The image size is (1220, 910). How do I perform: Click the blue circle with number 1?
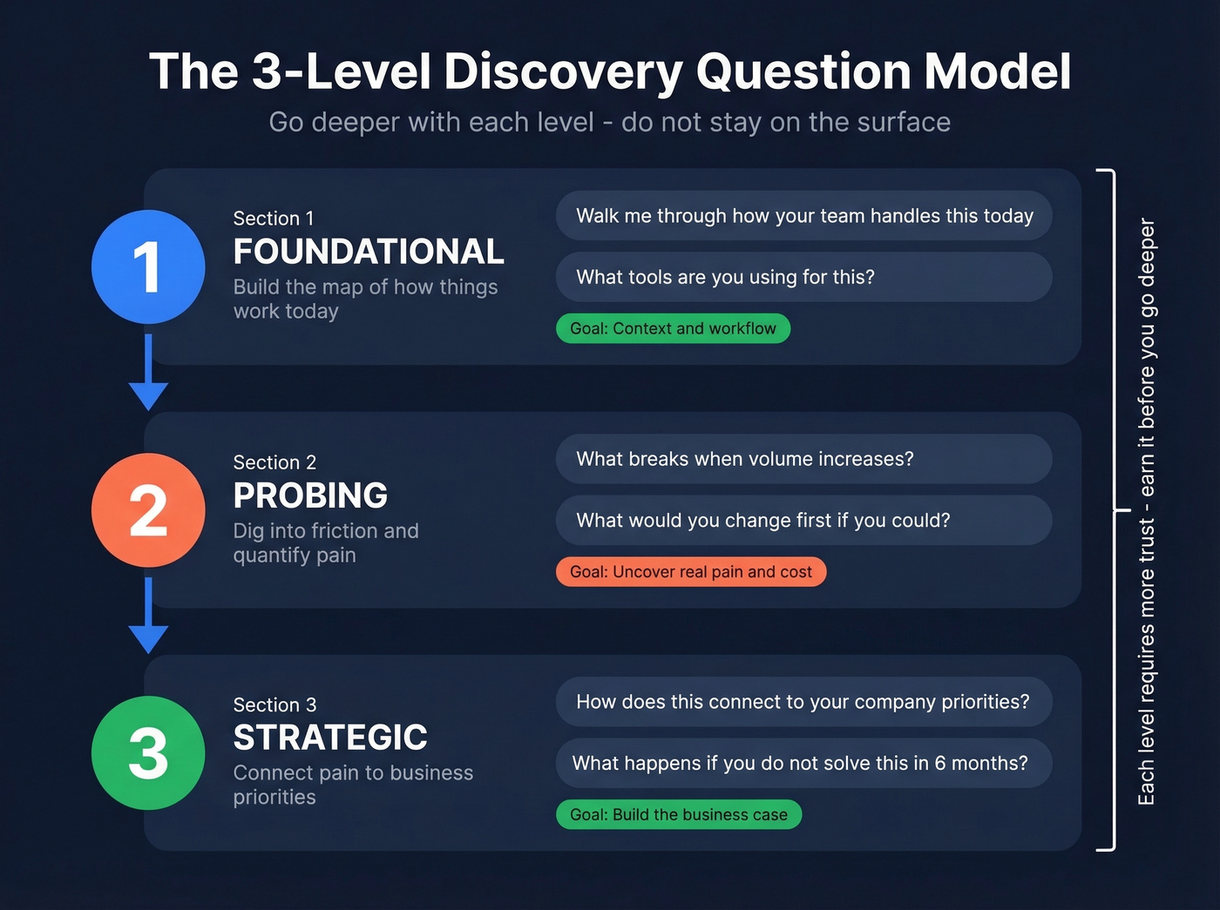click(148, 266)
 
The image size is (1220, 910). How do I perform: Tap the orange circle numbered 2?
click(148, 509)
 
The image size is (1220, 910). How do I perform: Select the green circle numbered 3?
click(148, 752)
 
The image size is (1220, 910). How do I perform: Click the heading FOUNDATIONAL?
click(369, 252)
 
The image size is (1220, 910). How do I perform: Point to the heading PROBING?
click(310, 495)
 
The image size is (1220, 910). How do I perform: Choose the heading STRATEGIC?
click(330, 738)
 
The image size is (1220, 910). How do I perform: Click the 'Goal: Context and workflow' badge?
click(673, 328)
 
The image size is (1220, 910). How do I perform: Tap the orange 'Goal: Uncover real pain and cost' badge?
click(691, 571)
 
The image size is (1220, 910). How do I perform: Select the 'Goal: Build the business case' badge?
click(679, 814)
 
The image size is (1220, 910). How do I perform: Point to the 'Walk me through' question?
click(803, 216)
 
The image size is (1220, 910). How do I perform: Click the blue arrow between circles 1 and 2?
click(148, 373)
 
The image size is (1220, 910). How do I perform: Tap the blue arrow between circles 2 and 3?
click(148, 616)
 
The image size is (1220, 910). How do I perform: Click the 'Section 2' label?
click(274, 462)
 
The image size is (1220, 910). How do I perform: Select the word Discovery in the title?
click(562, 71)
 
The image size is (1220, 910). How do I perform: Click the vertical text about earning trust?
click(1147, 511)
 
